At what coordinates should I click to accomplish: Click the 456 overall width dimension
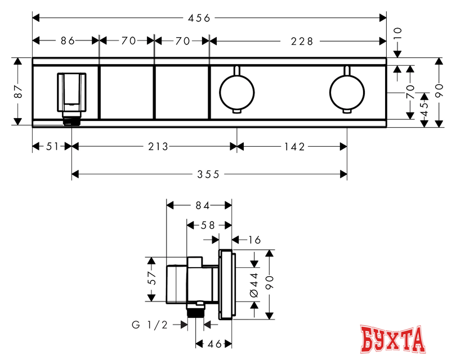tap(199, 19)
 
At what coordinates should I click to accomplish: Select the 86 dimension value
tap(68, 41)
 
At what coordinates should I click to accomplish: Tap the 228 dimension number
tap(302, 42)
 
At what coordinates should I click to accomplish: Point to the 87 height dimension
tap(19, 91)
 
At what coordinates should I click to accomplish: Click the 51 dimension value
tap(52, 147)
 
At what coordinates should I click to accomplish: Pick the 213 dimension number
tap(158, 147)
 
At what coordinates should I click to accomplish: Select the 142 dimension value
tap(294, 147)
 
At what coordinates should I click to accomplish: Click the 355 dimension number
tap(208, 174)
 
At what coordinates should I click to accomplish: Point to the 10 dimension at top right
tap(397, 33)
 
